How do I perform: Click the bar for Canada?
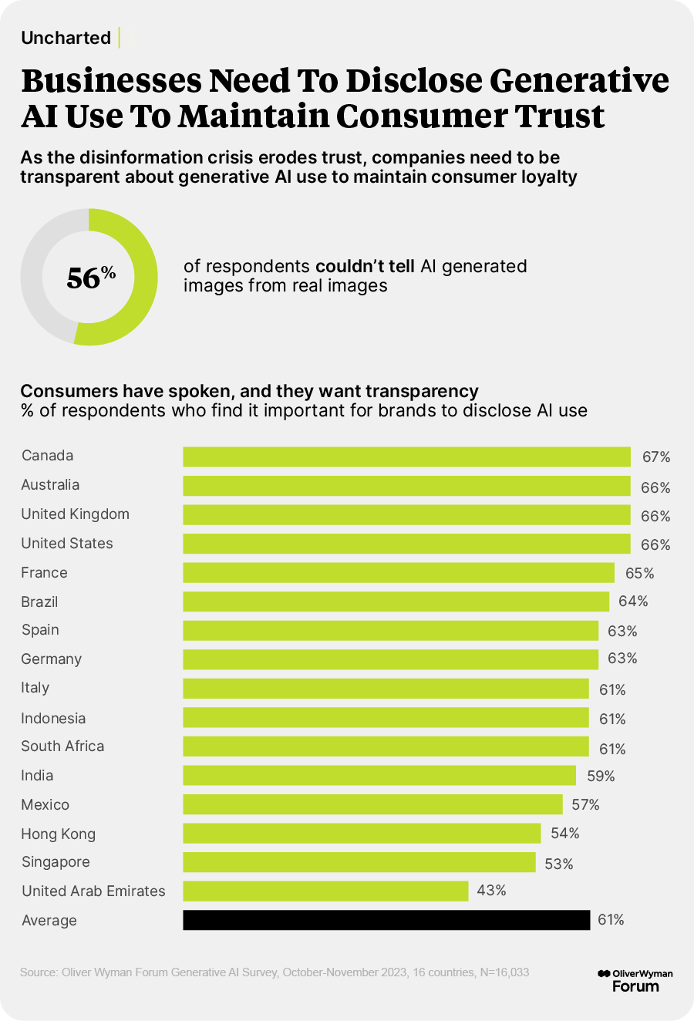[x=406, y=457]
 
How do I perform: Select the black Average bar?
[x=386, y=920]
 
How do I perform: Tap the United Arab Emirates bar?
[x=325, y=891]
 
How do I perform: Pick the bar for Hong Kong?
[x=362, y=834]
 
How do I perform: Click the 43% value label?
[x=491, y=891]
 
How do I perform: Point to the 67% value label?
[x=656, y=457]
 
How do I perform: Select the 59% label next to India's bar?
[x=601, y=776]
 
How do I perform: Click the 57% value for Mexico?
[x=585, y=805]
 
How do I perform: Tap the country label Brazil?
[x=39, y=601]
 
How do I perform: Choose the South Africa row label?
[x=62, y=746]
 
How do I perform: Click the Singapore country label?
[x=56, y=862]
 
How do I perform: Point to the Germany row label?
[x=52, y=659]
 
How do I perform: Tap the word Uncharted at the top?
[x=66, y=38]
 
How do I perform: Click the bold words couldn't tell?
[x=366, y=266]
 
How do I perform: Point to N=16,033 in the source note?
[x=504, y=972]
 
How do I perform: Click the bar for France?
[x=398, y=573]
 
